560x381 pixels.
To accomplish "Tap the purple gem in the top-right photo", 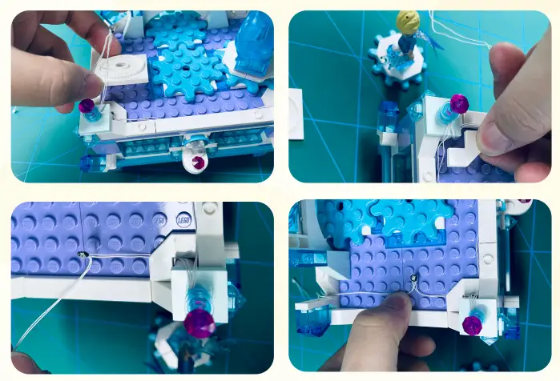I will click(x=458, y=103).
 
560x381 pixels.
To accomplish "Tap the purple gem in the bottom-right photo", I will click(x=473, y=323).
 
